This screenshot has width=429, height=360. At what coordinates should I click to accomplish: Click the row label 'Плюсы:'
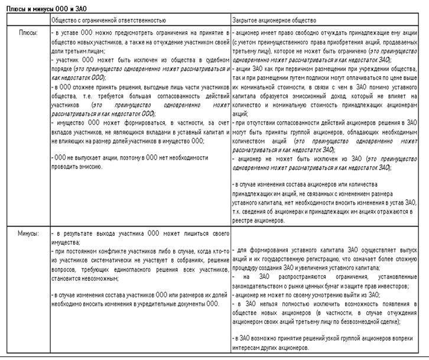(28, 33)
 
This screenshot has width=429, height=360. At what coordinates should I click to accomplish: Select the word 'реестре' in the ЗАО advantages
(245, 220)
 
